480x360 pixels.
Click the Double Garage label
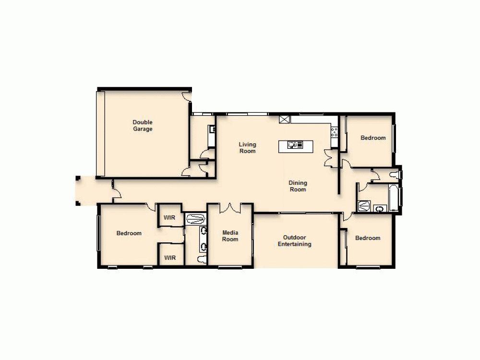[x=143, y=126]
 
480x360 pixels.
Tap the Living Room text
[x=248, y=148]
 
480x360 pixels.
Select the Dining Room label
[x=298, y=186]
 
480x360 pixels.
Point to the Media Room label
[x=230, y=236]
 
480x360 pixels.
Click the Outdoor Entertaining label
[x=295, y=241]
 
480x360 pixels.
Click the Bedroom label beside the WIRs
[x=129, y=233]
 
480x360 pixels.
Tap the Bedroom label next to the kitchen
[x=373, y=138]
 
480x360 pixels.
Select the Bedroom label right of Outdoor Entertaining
[x=368, y=238]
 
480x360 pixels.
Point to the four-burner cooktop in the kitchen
[x=335, y=132]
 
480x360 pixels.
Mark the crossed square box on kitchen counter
[x=285, y=119]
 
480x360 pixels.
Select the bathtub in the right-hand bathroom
[x=394, y=198]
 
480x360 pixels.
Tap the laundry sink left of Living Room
[x=211, y=129]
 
